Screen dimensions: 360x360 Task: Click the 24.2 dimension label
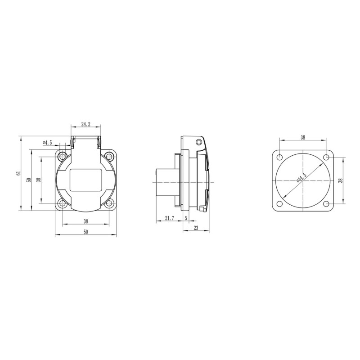click(86, 125)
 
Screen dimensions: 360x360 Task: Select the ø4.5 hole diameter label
click(47, 143)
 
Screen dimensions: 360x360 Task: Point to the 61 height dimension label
click(18, 173)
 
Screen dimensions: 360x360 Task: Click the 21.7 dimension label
click(170, 218)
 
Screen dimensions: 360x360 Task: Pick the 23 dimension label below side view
click(196, 228)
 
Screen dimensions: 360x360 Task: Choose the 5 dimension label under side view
click(186, 218)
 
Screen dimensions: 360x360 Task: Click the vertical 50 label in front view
click(29, 180)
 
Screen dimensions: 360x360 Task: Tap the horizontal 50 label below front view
click(85, 232)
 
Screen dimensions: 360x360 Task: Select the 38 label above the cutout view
click(303, 138)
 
